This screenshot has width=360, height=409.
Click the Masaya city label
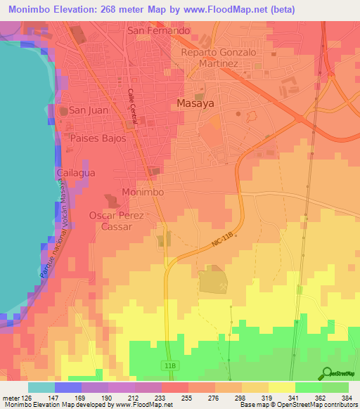(x=193, y=103)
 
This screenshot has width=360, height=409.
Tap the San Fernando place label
(x=158, y=31)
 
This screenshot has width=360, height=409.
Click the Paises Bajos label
(x=98, y=138)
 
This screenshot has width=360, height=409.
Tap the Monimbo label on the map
(x=143, y=192)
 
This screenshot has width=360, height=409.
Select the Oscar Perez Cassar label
(x=110, y=221)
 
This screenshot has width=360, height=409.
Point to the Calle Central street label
(x=131, y=106)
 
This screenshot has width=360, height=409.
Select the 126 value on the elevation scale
(x=21, y=397)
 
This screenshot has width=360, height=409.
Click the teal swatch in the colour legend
(x=41, y=387)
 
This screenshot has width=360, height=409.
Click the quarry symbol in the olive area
(x=224, y=287)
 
